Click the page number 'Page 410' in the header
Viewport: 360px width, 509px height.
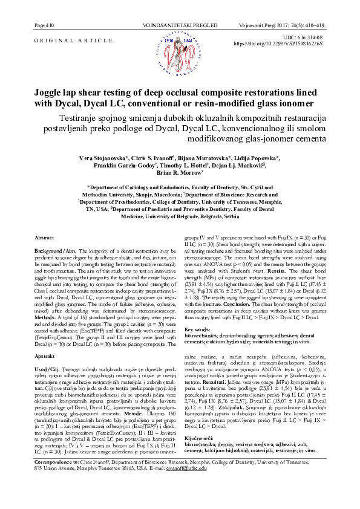coord(45,27)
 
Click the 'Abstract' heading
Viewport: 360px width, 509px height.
coord(46,239)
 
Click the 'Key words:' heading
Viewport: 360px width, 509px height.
coord(198,329)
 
